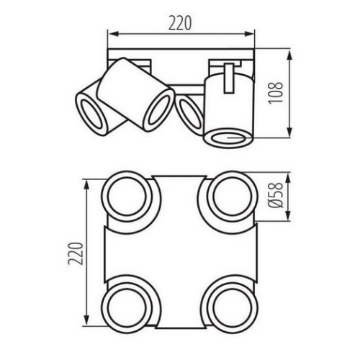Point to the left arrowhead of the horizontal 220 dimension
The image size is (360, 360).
click(110, 32)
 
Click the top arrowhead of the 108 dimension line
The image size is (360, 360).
click(291, 52)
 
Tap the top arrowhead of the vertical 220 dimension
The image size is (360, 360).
click(86, 180)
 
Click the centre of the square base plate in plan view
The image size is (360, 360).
click(178, 247)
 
